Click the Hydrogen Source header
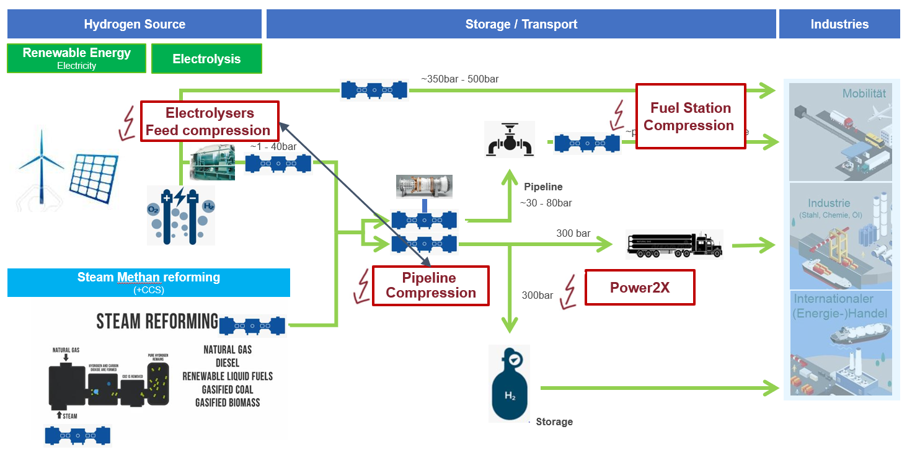point(135,24)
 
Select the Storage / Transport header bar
point(521,24)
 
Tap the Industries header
point(839,24)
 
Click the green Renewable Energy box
point(77,58)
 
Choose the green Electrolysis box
point(206,59)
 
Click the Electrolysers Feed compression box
point(209,121)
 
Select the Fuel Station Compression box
point(690,117)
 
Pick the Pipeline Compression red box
point(430,286)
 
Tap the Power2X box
point(639,288)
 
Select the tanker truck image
point(674,244)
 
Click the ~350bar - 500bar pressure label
point(459,79)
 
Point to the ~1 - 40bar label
point(273,147)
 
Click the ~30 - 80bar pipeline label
point(546,203)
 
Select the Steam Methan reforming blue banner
point(149,282)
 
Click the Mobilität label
point(864,94)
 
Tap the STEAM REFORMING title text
point(157,321)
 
